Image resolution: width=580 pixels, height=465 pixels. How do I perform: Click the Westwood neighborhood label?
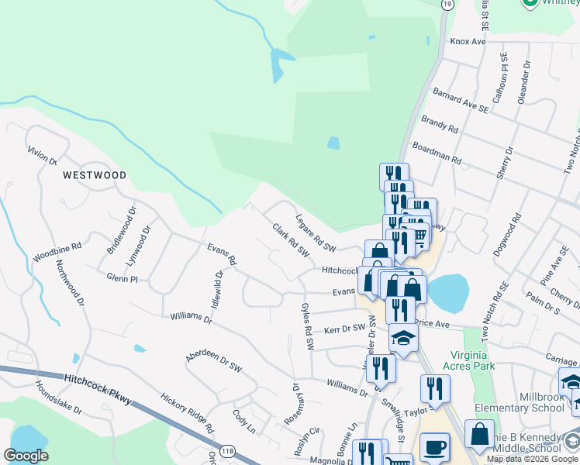(95, 175)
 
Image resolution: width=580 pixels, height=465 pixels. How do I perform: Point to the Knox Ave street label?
(467, 41)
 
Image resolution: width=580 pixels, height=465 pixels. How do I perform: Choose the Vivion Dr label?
(42, 156)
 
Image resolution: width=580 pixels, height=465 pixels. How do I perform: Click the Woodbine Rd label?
(57, 250)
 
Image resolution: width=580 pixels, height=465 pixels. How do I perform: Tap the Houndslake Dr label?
(57, 396)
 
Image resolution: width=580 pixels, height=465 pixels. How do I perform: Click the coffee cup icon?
(434, 447)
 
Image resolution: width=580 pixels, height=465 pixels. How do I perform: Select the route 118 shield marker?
(226, 450)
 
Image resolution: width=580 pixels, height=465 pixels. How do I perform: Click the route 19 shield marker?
(447, 4)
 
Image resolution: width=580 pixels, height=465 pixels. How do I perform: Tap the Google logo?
(26, 456)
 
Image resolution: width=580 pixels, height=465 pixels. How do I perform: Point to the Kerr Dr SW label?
(344, 329)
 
